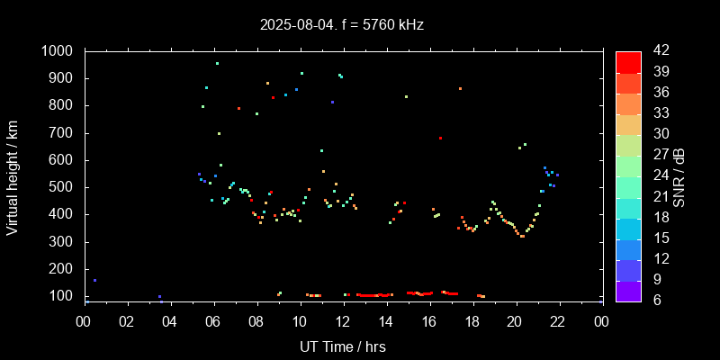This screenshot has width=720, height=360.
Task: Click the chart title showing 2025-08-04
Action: point(342,24)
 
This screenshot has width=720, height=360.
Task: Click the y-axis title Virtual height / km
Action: point(13,176)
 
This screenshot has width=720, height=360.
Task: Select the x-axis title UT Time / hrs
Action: point(342,346)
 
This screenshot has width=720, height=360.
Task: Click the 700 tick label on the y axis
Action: point(62,133)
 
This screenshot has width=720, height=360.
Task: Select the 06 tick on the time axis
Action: point(213,321)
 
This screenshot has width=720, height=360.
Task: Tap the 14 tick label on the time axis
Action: point(386,321)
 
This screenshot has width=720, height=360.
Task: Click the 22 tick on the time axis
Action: point(558,321)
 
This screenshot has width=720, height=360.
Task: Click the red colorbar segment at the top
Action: point(628,61)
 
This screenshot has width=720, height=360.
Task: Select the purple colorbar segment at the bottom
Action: point(628,290)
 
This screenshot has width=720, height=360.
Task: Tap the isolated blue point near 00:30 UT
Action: point(94,280)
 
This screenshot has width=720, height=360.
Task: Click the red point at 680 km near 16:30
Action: point(440,138)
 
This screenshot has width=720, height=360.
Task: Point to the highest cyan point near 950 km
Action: point(217,63)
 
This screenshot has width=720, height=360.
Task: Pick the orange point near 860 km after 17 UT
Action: point(460,88)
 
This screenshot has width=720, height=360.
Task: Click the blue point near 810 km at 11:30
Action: point(332,102)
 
